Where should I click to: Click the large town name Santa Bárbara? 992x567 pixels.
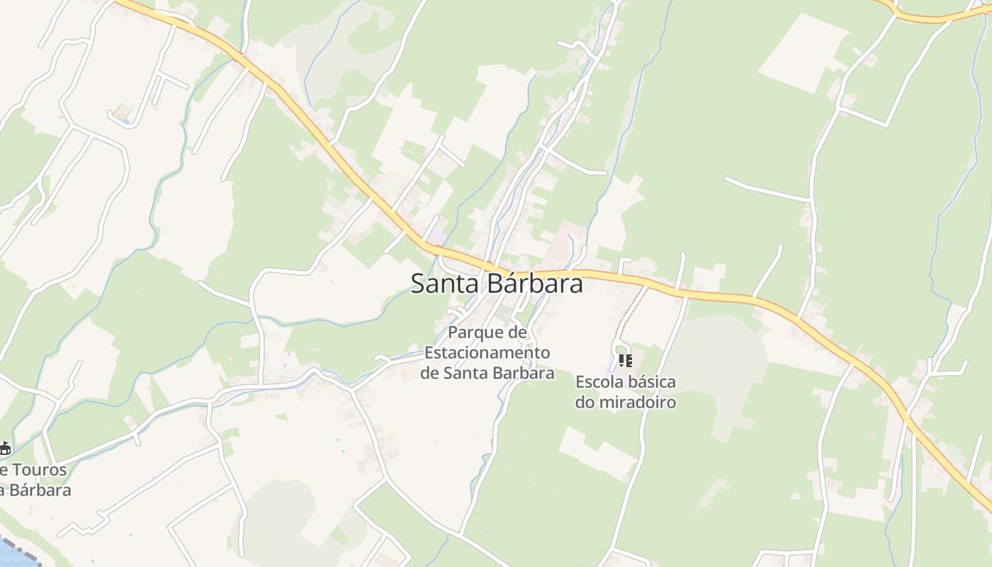pyautogui.click(x=497, y=283)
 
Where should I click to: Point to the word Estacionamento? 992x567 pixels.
pyautogui.click(x=487, y=353)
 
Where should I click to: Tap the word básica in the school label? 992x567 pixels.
pyautogui.click(x=652, y=383)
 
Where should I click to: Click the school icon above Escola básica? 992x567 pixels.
pyautogui.click(x=625, y=361)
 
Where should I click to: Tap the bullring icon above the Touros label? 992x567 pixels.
pyautogui.click(x=4, y=448)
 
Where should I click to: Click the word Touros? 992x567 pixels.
pyautogui.click(x=40, y=469)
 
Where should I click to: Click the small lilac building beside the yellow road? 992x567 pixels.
pyautogui.click(x=438, y=235)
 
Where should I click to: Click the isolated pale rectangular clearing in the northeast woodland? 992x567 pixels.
pyautogui.click(x=804, y=53)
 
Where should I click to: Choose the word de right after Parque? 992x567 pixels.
pyautogui.click(x=517, y=333)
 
